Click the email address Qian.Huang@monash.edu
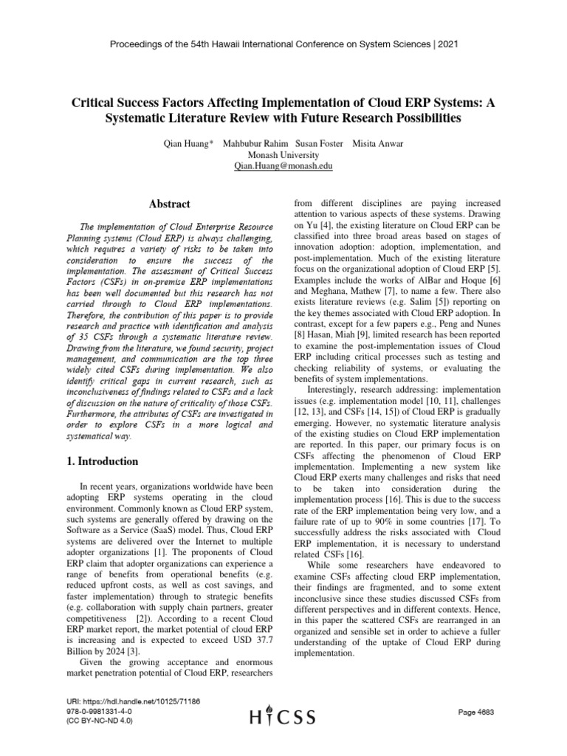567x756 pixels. (x=283, y=167)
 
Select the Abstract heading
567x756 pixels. (x=170, y=204)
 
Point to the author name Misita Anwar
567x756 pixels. (x=378, y=142)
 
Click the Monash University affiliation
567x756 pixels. (x=283, y=155)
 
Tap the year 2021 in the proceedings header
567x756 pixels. (x=447, y=44)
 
